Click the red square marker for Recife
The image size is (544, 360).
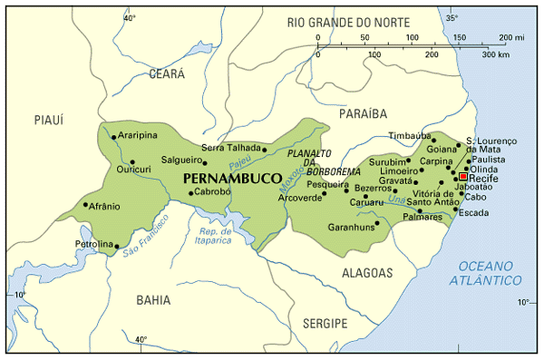click(x=462, y=177)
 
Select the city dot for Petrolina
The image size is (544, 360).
click(x=117, y=246)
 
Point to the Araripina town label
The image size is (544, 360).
click(x=137, y=136)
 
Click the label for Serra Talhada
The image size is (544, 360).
click(x=230, y=147)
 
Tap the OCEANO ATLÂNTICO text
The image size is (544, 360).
click(x=491, y=273)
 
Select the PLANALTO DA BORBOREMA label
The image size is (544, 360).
click(x=308, y=164)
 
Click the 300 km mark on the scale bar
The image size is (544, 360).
click(x=493, y=54)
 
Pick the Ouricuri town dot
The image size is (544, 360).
click(x=132, y=161)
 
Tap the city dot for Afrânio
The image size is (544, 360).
click(x=86, y=205)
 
